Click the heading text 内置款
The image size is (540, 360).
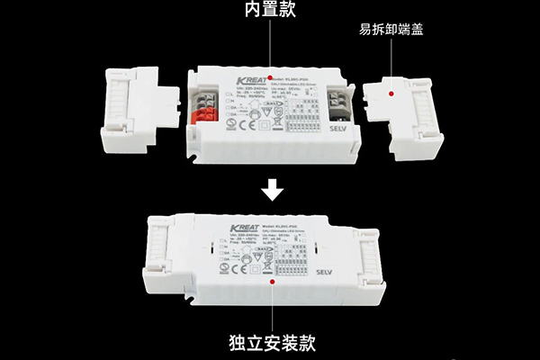point(269,10)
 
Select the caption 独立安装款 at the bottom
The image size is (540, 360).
point(270,342)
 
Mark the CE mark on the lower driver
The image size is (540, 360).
point(229,267)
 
